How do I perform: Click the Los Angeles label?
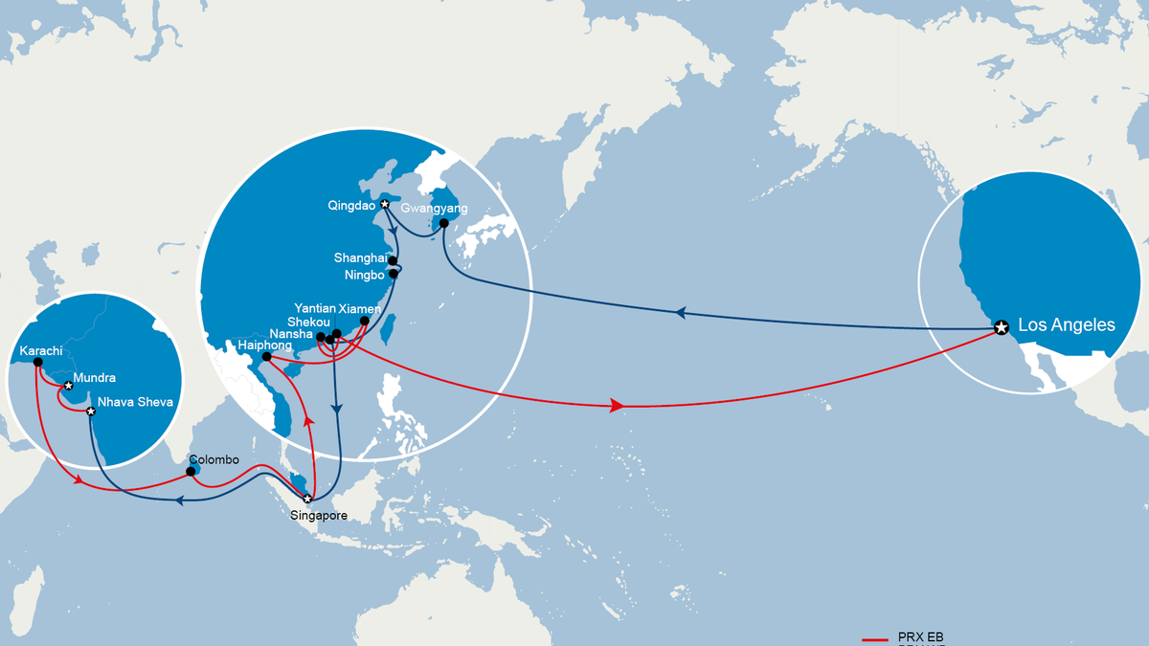click(x=1066, y=325)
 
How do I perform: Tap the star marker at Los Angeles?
click(x=1001, y=328)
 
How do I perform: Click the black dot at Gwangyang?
click(x=443, y=223)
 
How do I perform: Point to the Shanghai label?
click(x=360, y=258)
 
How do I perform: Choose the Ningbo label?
click(x=364, y=276)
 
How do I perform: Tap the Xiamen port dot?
click(x=364, y=322)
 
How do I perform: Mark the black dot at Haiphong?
click(x=266, y=358)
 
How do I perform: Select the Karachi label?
click(x=39, y=351)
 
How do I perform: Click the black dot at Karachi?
click(x=37, y=363)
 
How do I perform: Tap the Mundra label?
click(x=94, y=379)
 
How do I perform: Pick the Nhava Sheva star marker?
click(x=91, y=412)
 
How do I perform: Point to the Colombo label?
click(x=214, y=459)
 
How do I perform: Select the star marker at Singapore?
click(x=307, y=499)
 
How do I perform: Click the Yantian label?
click(x=315, y=309)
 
